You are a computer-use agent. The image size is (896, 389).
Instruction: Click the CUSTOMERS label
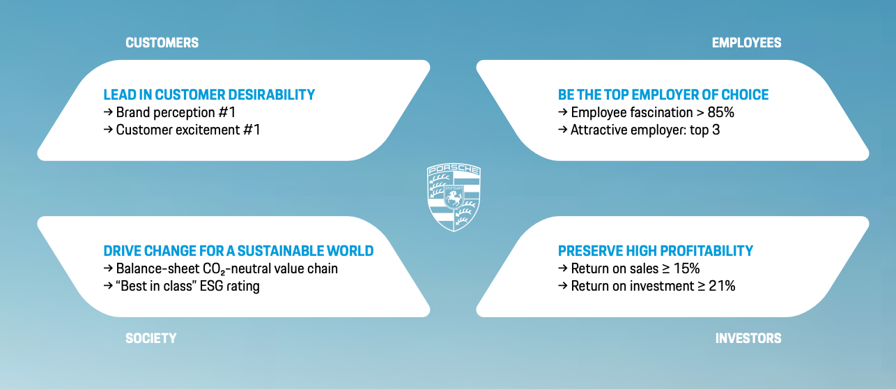click(162, 43)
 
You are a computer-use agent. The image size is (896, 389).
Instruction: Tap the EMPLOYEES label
click(746, 43)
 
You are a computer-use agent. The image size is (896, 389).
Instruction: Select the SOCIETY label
click(150, 339)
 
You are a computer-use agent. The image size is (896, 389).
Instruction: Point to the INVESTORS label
click(748, 339)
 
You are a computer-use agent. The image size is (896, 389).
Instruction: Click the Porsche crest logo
click(454, 197)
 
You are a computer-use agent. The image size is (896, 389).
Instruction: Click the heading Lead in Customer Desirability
click(209, 95)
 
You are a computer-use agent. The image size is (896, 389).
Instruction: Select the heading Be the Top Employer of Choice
click(663, 95)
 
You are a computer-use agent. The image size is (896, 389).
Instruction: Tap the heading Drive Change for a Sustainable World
click(238, 251)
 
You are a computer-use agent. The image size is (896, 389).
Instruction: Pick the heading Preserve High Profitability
click(655, 251)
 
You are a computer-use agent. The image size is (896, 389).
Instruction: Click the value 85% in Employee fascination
click(721, 112)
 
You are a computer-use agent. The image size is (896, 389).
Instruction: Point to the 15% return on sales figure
click(686, 268)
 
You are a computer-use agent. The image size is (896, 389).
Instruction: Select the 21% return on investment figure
click(722, 286)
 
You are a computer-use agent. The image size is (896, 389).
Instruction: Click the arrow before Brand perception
click(108, 112)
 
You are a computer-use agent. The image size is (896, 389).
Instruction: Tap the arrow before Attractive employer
click(562, 130)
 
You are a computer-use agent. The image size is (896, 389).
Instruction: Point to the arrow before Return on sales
click(562, 268)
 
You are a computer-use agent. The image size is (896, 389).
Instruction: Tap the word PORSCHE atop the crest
click(454, 169)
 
